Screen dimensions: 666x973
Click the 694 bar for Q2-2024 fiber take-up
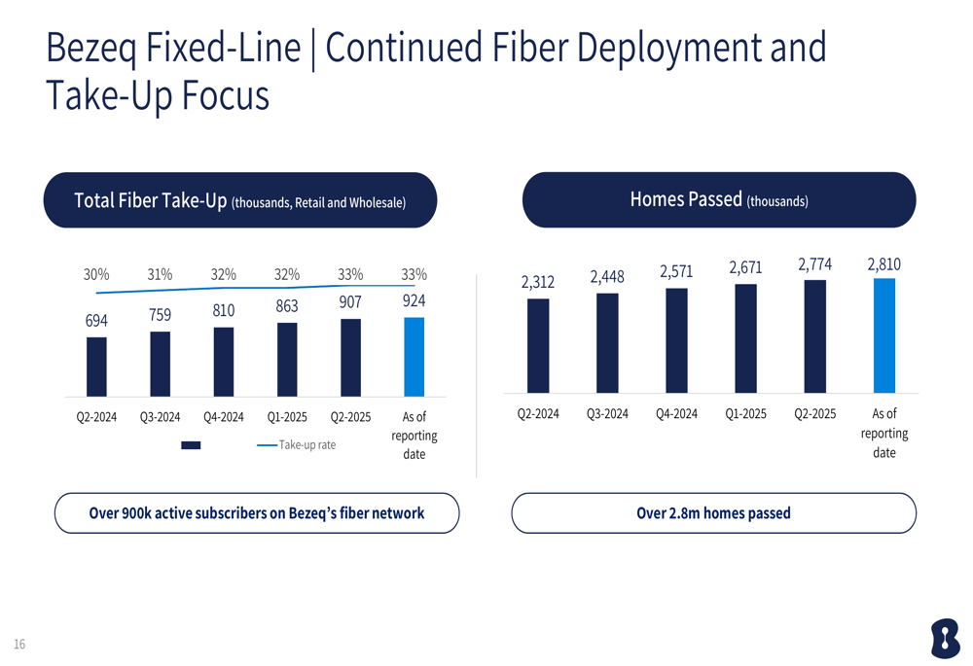tap(96, 367)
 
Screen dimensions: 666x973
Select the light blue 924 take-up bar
tap(414, 357)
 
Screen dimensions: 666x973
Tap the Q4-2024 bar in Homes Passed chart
tap(676, 340)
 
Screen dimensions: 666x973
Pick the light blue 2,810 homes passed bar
tap(883, 335)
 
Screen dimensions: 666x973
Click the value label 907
tap(350, 302)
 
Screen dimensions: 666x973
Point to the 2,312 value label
tap(537, 282)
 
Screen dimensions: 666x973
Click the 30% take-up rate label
tap(96, 274)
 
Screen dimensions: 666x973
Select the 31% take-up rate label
tap(160, 274)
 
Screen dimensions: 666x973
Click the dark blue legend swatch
tap(191, 445)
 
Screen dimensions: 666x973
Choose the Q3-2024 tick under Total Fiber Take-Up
tap(160, 417)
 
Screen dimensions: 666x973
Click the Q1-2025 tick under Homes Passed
tap(745, 413)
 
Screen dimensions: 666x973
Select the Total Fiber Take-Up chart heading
tap(240, 201)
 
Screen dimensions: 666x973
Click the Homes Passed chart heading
tap(719, 200)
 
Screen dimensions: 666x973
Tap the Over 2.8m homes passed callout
tap(713, 512)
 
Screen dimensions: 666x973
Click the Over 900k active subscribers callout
tap(256, 512)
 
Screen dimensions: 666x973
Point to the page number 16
tap(19, 644)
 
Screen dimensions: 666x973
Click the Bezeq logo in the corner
tap(944, 639)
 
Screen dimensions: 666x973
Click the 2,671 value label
tap(745, 267)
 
